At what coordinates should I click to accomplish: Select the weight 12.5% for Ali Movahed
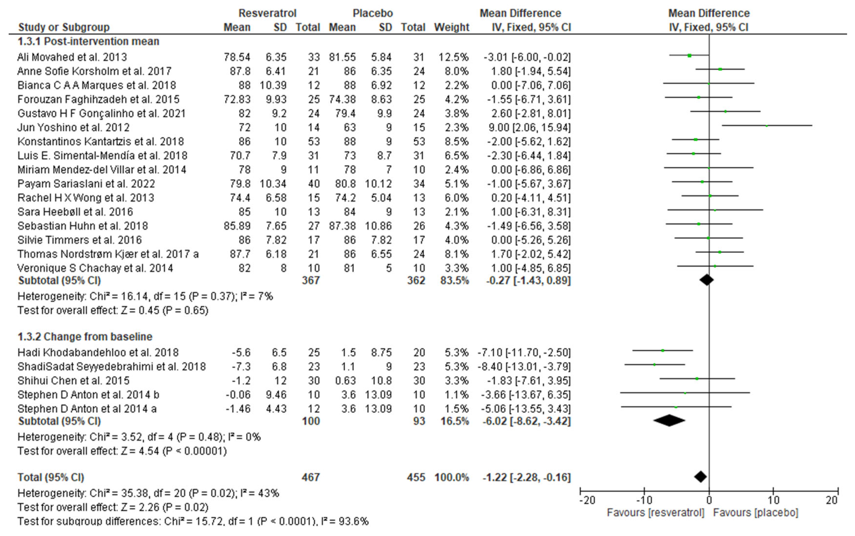[453, 57]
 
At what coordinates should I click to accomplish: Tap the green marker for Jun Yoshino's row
[767, 125]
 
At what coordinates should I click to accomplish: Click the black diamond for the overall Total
[701, 477]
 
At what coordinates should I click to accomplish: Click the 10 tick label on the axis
[773, 500]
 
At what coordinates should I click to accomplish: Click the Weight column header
[452, 27]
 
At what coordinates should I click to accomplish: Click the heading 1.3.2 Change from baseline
[85, 336]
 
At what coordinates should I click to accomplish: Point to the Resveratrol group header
[267, 13]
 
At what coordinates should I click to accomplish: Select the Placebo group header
[373, 13]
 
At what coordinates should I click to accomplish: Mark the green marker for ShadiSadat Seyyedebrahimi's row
[654, 364]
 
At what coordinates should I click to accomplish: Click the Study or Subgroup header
[64, 27]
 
